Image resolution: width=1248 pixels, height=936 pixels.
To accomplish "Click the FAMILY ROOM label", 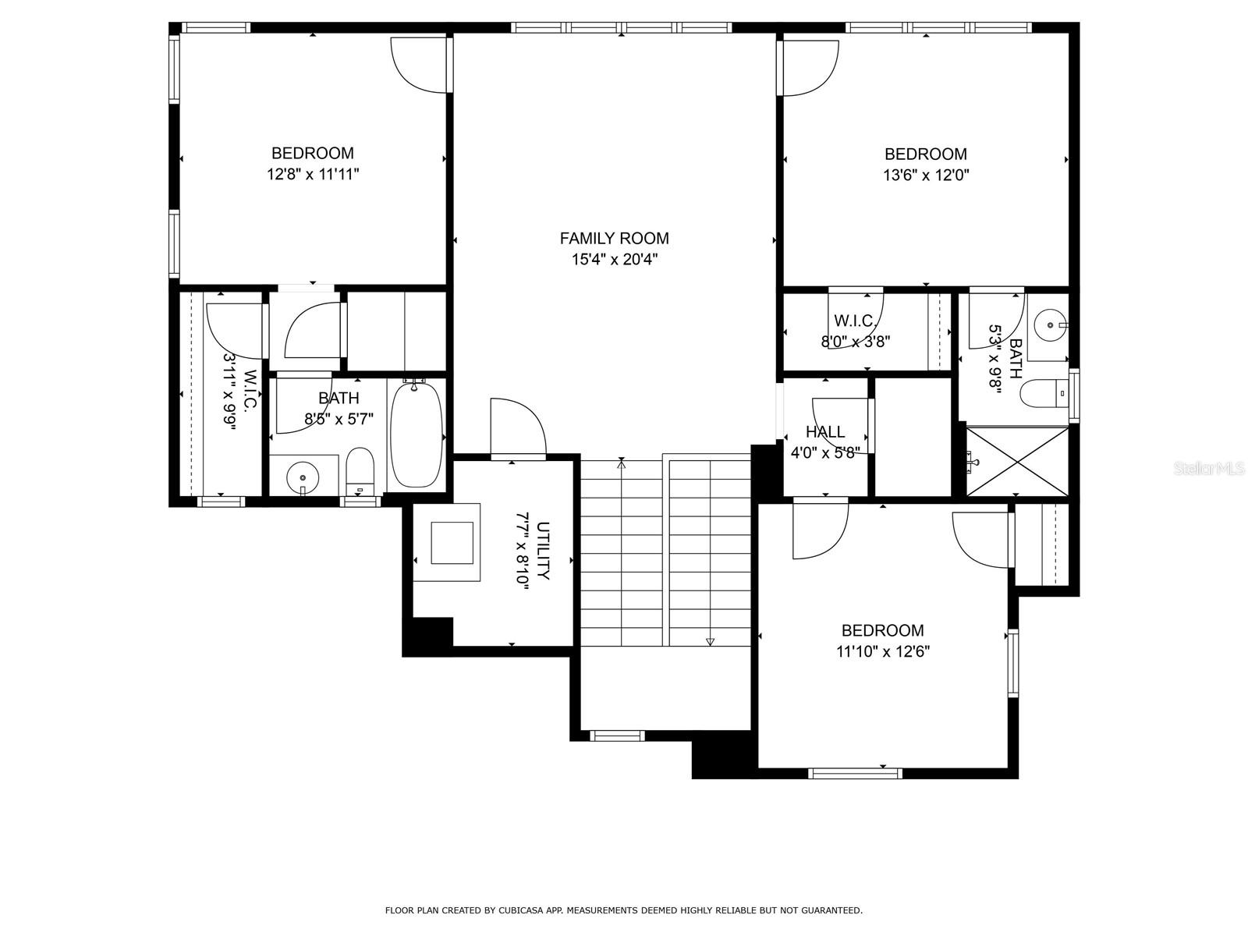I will (614, 239).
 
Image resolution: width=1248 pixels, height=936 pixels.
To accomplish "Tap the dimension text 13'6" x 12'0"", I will (926, 175).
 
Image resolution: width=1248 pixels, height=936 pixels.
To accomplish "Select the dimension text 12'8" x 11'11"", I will (313, 175).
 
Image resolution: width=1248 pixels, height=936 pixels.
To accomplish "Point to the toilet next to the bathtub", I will (360, 470).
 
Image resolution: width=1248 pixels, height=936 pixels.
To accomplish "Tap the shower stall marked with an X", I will (1017, 461).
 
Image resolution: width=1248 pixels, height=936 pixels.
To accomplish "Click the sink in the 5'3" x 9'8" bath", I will (1050, 324).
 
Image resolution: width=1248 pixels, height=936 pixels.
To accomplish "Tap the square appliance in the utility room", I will (452, 542).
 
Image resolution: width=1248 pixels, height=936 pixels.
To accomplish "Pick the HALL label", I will (824, 432).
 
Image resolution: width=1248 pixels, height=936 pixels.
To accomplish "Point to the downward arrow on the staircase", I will (710, 641).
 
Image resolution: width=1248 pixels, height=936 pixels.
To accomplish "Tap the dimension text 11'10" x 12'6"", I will (883, 652).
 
